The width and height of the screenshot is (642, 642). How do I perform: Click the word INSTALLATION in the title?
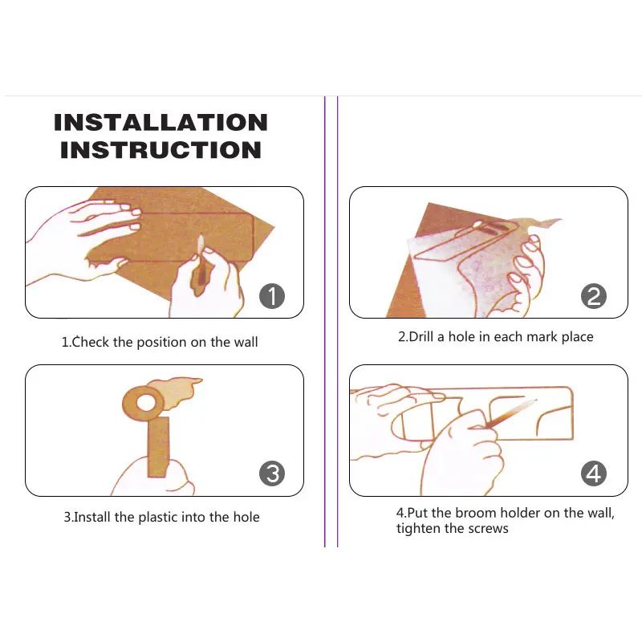pos(160,123)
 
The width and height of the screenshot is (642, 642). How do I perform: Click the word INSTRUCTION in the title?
pos(160,150)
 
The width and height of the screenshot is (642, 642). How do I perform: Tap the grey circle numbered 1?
pos(272,296)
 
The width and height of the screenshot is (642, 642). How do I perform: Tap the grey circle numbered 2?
pos(594,296)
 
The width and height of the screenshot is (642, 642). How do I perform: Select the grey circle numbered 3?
pos(272,473)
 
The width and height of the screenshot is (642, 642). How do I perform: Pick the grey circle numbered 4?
pos(594,473)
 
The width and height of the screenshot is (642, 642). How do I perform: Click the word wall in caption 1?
pos(246,342)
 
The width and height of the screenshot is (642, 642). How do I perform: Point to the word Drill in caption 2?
pos(421,336)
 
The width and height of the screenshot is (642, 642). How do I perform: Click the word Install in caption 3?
pos(92,517)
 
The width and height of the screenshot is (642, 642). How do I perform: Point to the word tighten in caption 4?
pos(418,529)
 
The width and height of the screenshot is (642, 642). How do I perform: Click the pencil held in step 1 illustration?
pos(201,262)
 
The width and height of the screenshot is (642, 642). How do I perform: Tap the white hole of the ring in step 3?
pos(146,403)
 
